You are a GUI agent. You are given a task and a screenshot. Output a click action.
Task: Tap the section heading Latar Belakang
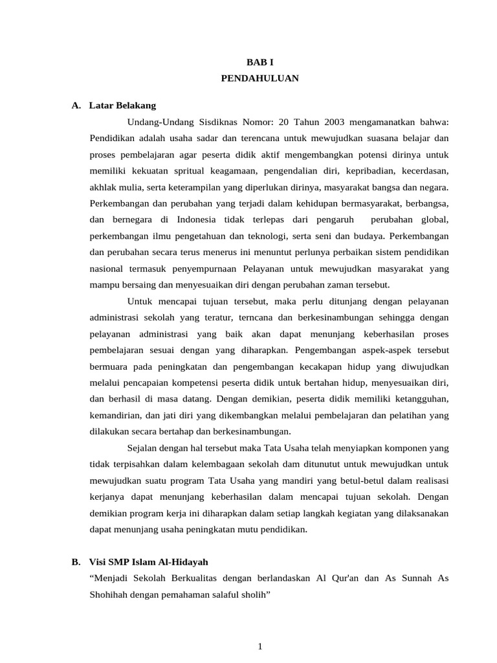(122, 106)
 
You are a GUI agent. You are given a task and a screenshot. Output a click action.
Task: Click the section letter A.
(76, 106)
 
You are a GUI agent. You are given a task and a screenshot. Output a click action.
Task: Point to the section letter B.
(76, 561)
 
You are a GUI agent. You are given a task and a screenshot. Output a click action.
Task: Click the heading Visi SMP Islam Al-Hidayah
(149, 561)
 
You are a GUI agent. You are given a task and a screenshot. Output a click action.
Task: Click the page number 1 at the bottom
(260, 646)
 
